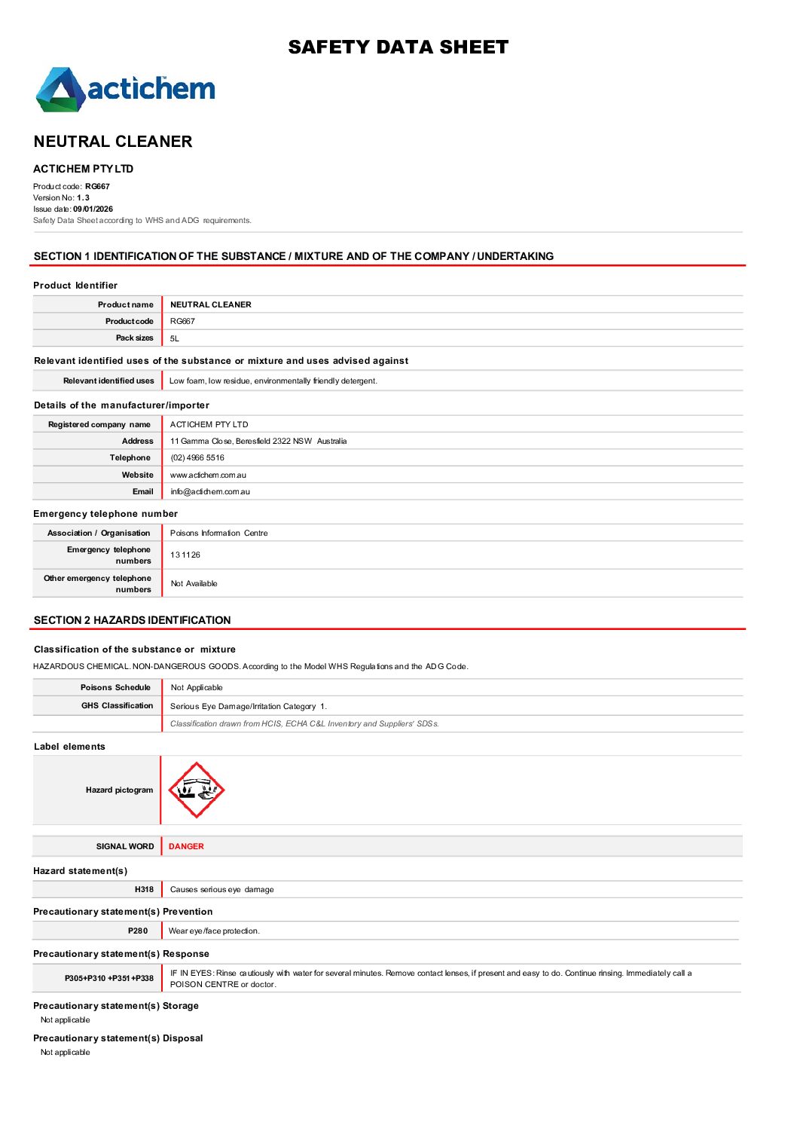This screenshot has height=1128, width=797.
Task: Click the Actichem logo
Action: [126, 90]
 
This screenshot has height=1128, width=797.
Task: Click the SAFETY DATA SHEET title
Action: [398, 47]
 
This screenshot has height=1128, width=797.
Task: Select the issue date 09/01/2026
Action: [93, 209]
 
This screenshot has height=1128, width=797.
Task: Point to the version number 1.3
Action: [83, 198]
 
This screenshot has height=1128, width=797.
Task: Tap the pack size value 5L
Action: [175, 339]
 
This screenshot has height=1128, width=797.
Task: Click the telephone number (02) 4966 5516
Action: [197, 458]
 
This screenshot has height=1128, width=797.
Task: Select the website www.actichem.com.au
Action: [208, 475]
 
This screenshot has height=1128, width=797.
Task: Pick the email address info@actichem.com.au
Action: [210, 492]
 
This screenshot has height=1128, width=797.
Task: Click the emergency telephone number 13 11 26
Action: [185, 555]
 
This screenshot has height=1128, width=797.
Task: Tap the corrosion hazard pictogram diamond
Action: [196, 790]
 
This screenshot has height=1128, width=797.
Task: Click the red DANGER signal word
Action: [186, 847]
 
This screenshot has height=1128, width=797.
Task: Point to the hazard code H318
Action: [144, 890]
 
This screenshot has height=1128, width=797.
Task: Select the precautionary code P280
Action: [138, 931]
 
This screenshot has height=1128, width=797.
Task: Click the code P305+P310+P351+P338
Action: [109, 979]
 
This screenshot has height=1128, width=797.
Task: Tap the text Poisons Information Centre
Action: [218, 533]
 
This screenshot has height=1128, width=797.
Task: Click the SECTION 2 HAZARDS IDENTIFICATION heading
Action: [133, 621]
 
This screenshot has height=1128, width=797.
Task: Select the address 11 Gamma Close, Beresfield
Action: [258, 442]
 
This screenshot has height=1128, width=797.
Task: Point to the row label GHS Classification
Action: [117, 706]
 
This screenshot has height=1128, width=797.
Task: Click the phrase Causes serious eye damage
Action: [222, 890]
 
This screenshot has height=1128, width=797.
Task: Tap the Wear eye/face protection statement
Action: [214, 931]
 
